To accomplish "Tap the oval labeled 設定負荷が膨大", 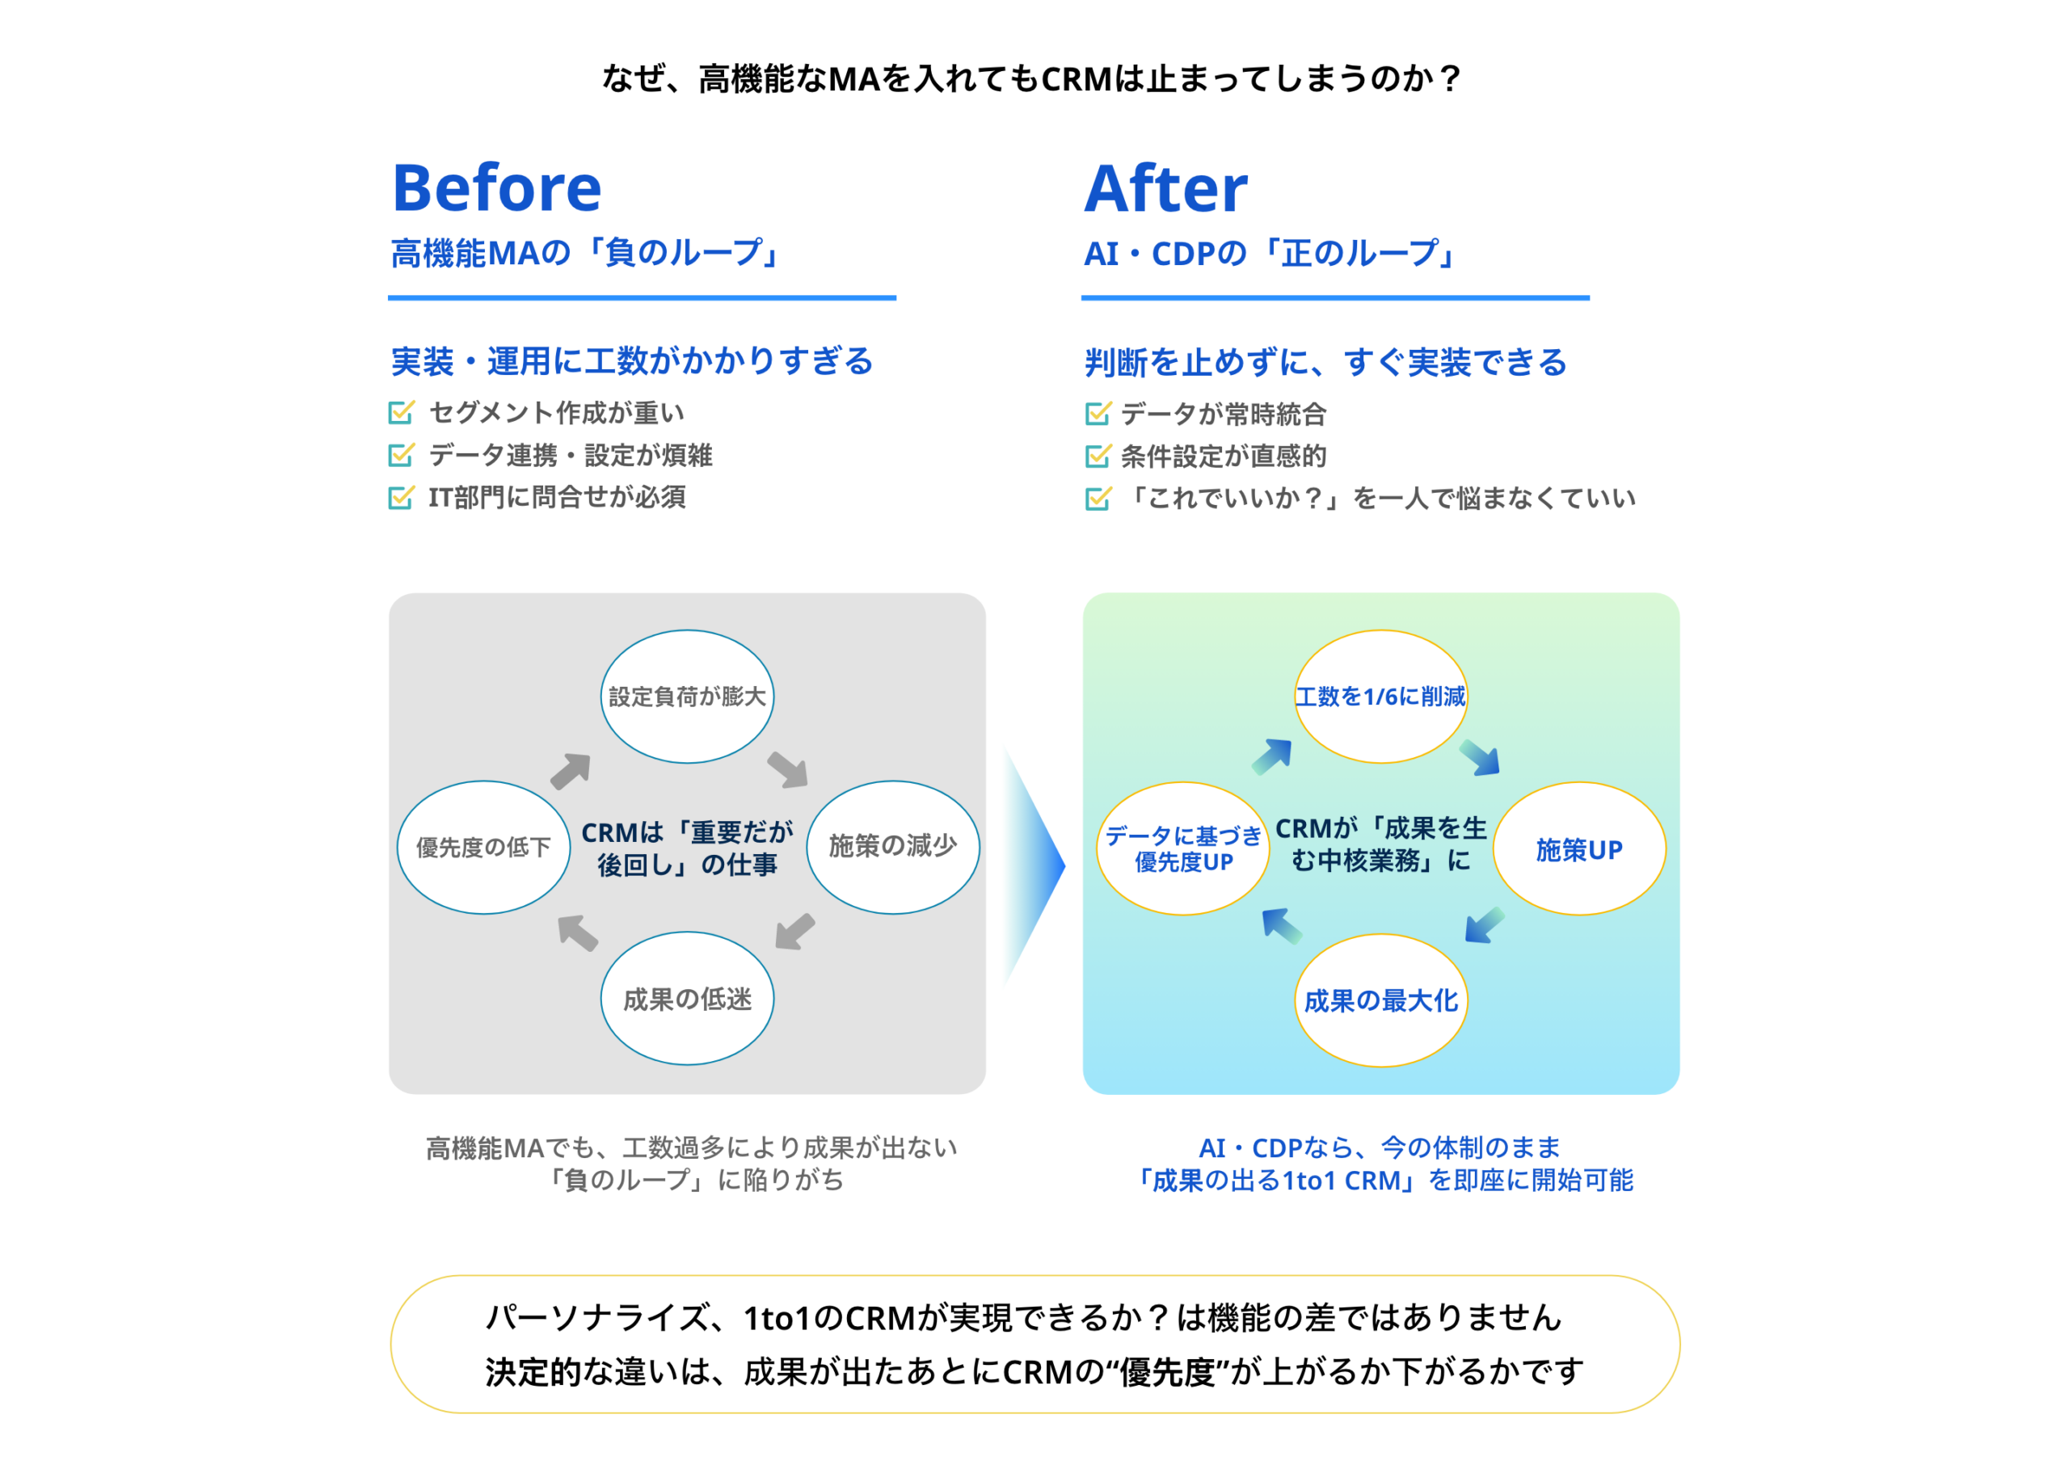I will (x=687, y=696).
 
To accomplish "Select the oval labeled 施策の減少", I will (x=892, y=846).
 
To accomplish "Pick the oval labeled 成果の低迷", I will (x=687, y=999).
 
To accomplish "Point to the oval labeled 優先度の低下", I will (x=483, y=846).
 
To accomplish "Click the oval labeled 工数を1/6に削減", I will (x=1380, y=696).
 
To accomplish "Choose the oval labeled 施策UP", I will (x=1579, y=848).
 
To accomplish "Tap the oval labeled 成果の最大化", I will (x=1380, y=1000).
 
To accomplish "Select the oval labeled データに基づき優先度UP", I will (x=1182, y=848).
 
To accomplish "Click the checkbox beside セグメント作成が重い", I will (x=401, y=412).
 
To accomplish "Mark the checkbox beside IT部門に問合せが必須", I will (x=401, y=497).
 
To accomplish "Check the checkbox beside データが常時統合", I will (x=1098, y=413).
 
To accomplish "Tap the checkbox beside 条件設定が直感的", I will (x=1098, y=455).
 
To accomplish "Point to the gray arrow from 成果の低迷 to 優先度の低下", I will (x=577, y=932).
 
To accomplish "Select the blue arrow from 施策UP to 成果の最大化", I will (x=1483, y=924).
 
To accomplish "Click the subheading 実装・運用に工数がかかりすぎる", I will (x=631, y=361).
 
